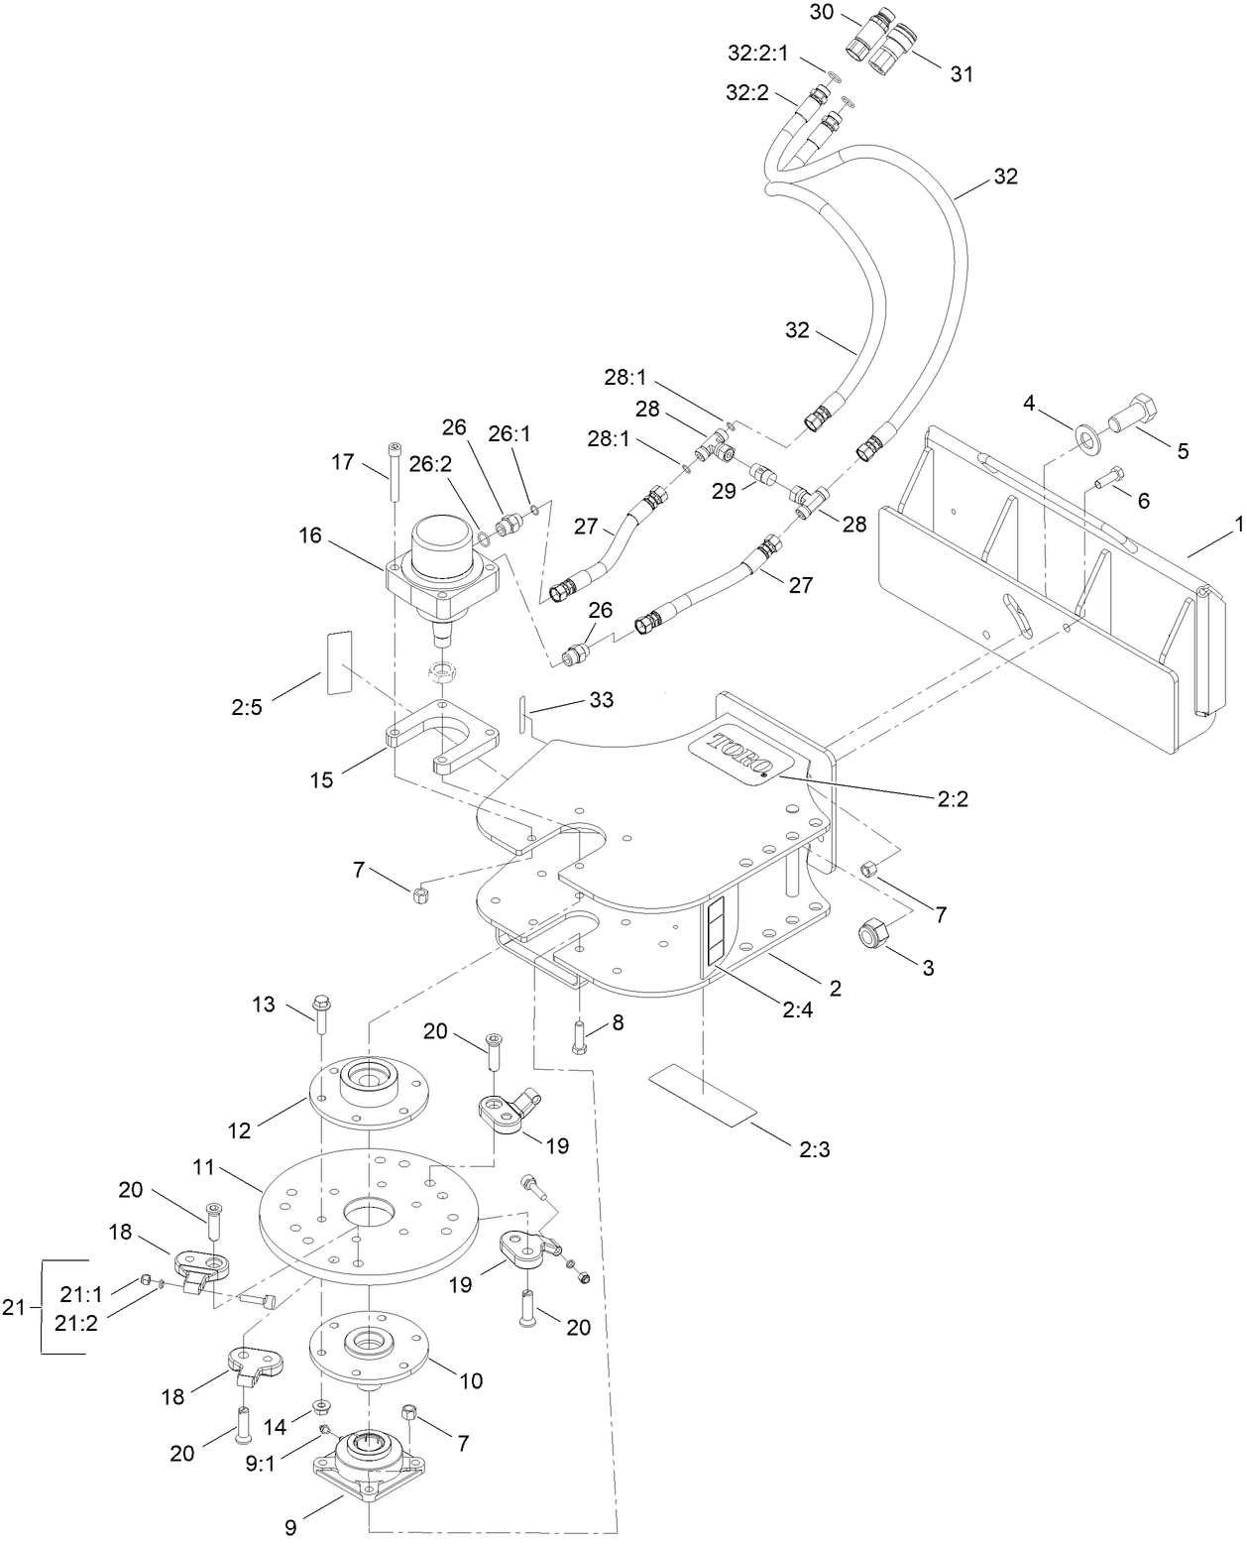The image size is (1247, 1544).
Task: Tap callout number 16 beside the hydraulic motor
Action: [x=310, y=536]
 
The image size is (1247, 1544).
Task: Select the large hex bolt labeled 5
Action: [x=1133, y=412]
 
